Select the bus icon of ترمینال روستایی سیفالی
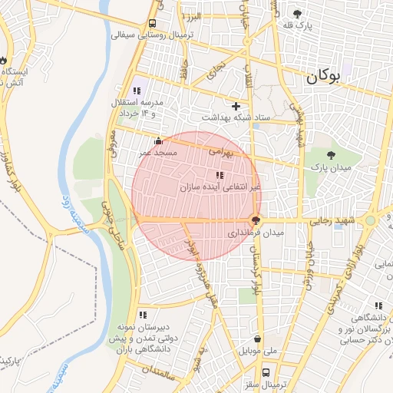click(153, 23)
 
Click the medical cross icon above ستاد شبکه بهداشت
click(236, 105)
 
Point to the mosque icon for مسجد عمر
click(158, 140)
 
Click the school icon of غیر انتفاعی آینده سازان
click(220, 175)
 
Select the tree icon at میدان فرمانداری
click(256, 220)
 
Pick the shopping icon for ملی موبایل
click(256, 339)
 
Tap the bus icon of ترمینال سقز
click(266, 372)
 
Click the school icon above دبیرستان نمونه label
click(143, 314)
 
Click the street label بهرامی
click(220, 152)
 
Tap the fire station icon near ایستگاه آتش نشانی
click(4, 60)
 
